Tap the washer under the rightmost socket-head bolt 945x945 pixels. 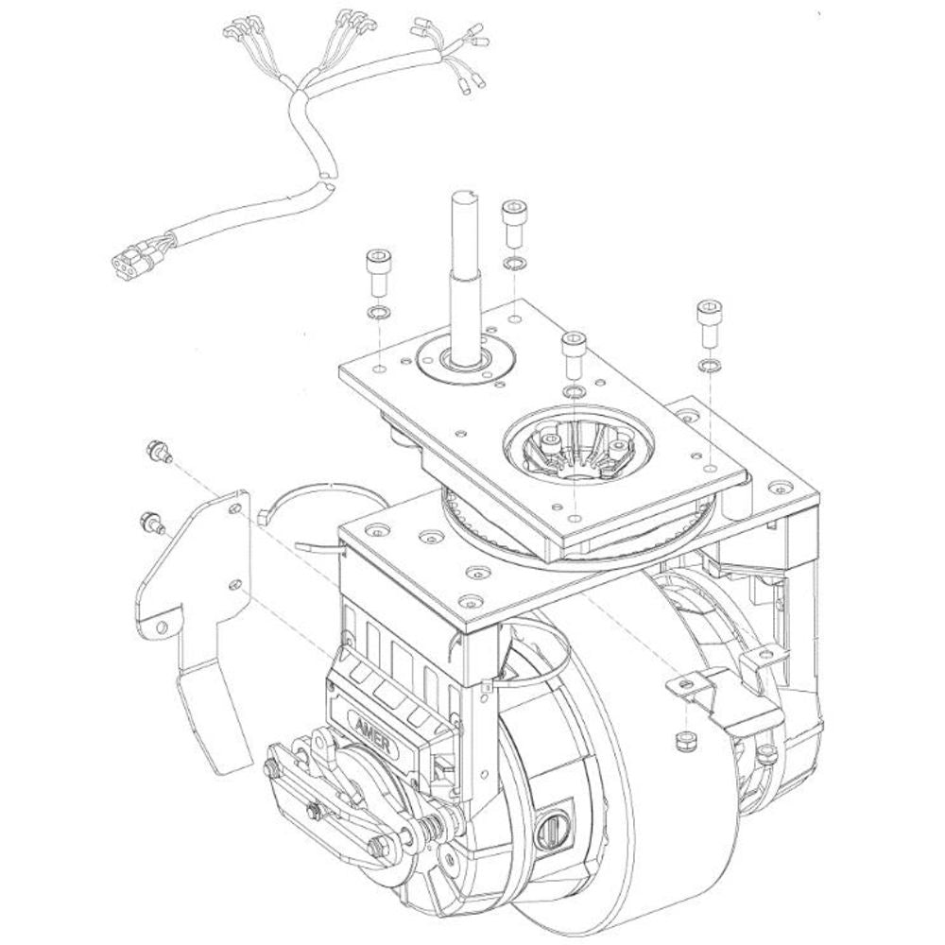click(x=708, y=365)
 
